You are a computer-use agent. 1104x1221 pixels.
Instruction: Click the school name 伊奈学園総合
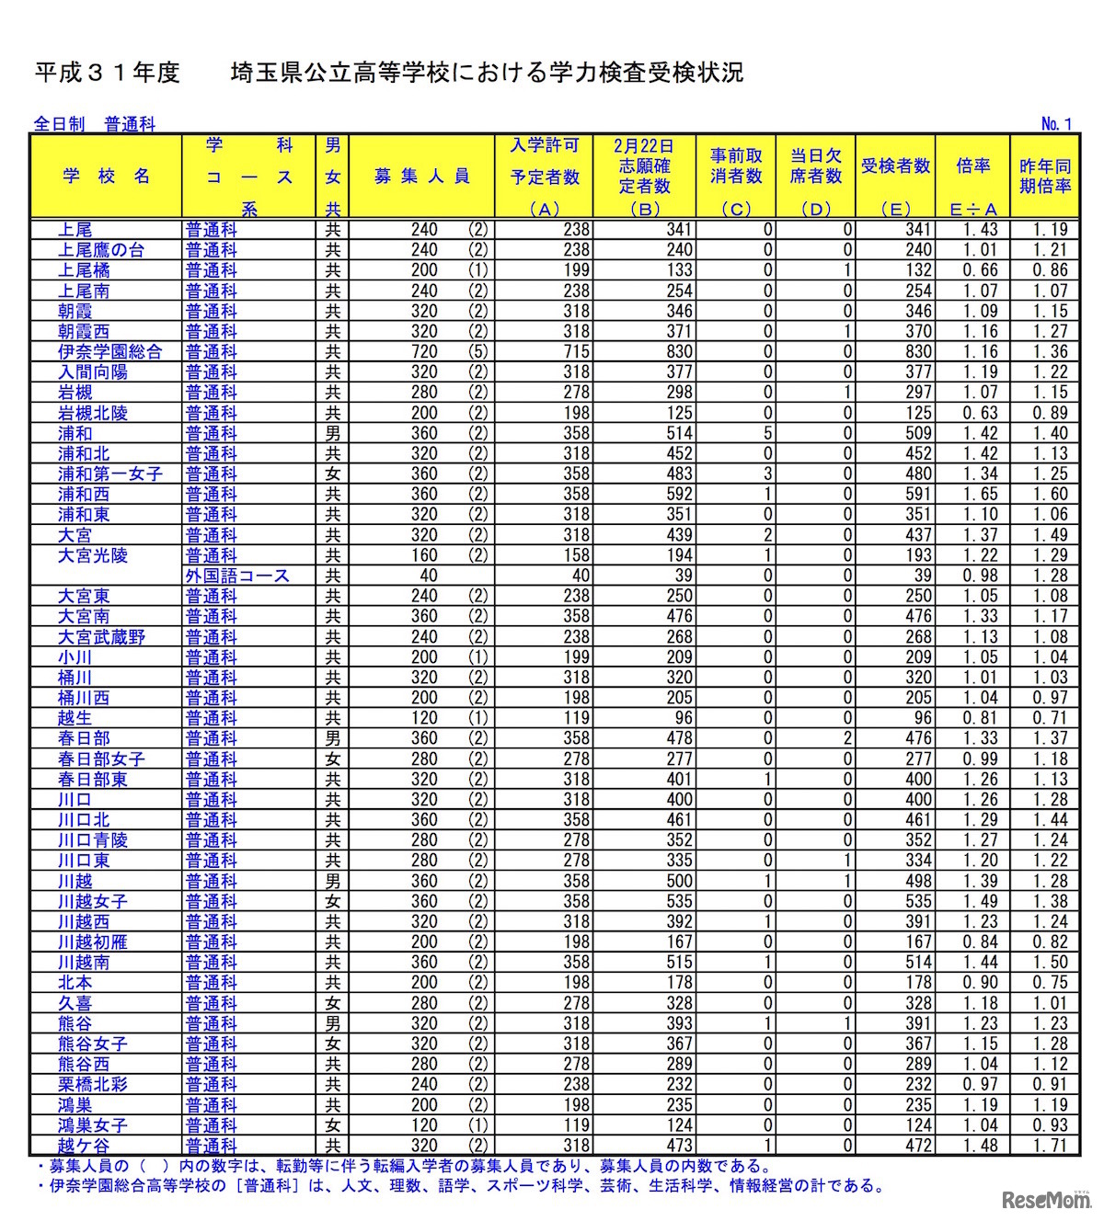pyautogui.click(x=109, y=351)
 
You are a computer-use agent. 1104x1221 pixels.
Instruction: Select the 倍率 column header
pyautogui.click(x=972, y=166)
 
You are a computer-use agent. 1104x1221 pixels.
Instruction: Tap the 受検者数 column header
pyautogui.click(x=895, y=166)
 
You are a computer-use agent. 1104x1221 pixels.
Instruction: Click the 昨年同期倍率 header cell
pyautogui.click(x=1045, y=176)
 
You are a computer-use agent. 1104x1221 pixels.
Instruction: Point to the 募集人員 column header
pyautogui.click(x=422, y=177)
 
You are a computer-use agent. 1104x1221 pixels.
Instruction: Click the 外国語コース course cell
pyautogui.click(x=237, y=576)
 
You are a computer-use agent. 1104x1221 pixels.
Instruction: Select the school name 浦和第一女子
pyautogui.click(x=109, y=474)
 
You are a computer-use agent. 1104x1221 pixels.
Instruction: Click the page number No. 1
pyautogui.click(x=1056, y=123)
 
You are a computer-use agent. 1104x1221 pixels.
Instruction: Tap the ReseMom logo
pyautogui.click(x=1045, y=1199)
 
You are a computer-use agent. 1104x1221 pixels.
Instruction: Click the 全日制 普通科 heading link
pyautogui.click(x=94, y=123)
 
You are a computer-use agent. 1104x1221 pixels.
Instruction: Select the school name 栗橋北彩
pyautogui.click(x=93, y=1084)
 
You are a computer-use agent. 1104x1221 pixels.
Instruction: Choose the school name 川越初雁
pyautogui.click(x=93, y=941)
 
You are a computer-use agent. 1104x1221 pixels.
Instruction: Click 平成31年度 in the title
pyautogui.click(x=107, y=73)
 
